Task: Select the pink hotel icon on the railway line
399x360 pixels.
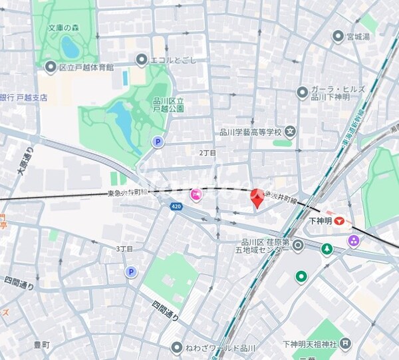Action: tap(196, 195)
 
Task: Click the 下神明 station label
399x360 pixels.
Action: tap(321, 220)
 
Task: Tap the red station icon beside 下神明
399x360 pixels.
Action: tap(340, 220)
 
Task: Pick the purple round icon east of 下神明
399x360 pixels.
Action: tap(354, 240)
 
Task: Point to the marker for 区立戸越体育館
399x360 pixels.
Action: tap(51, 67)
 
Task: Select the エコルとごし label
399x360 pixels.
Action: tap(141, 60)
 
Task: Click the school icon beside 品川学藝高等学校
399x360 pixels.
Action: tap(290, 132)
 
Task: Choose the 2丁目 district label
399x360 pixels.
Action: tap(208, 152)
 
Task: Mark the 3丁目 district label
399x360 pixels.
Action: tap(124, 249)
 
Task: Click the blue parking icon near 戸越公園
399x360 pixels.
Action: tap(158, 142)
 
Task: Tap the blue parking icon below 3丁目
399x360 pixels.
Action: tap(131, 271)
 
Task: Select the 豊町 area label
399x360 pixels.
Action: tap(41, 345)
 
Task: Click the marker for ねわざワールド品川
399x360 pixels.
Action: tap(176, 347)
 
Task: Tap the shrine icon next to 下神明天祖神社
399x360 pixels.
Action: tap(363, 345)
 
